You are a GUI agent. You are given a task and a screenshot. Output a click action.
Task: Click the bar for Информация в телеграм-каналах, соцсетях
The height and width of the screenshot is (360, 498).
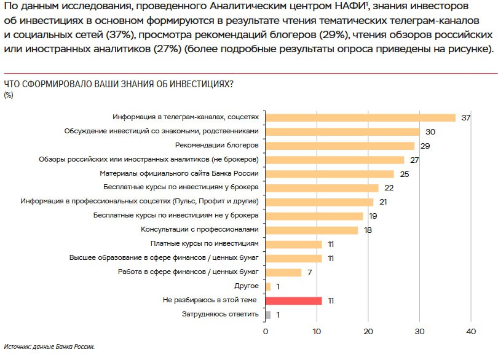[x=360, y=117]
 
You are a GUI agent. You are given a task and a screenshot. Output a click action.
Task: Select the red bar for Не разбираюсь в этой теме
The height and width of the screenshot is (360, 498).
[x=293, y=300]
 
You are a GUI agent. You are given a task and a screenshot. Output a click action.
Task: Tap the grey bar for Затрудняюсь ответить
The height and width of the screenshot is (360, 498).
[x=268, y=315]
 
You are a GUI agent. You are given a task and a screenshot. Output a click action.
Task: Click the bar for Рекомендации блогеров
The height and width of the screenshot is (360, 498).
[x=340, y=146]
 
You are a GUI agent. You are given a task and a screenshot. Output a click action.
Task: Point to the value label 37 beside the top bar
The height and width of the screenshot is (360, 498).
[x=465, y=117]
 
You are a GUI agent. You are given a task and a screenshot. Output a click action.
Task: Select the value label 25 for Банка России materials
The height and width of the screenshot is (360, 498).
[x=403, y=174]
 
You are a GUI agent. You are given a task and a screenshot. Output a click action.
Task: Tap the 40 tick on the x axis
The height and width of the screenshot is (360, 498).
[x=471, y=332]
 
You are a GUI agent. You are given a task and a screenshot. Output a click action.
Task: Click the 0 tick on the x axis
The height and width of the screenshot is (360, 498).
[x=266, y=332]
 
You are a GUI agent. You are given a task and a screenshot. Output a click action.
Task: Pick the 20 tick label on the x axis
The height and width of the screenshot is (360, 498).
[x=368, y=332]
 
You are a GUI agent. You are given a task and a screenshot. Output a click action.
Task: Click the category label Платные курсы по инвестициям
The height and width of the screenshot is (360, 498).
[x=208, y=244]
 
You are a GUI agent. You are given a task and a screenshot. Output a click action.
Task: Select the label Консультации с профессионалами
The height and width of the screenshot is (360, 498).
[x=200, y=230]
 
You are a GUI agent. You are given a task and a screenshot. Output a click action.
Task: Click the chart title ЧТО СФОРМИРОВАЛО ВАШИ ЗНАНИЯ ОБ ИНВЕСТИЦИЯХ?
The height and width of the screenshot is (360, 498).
[x=118, y=84]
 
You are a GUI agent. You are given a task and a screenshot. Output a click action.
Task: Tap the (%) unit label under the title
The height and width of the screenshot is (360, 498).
[x=9, y=95]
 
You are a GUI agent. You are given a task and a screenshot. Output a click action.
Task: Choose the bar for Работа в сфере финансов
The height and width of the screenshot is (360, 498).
[x=283, y=272]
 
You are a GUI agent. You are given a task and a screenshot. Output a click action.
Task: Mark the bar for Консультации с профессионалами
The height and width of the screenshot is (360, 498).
[x=312, y=230]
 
